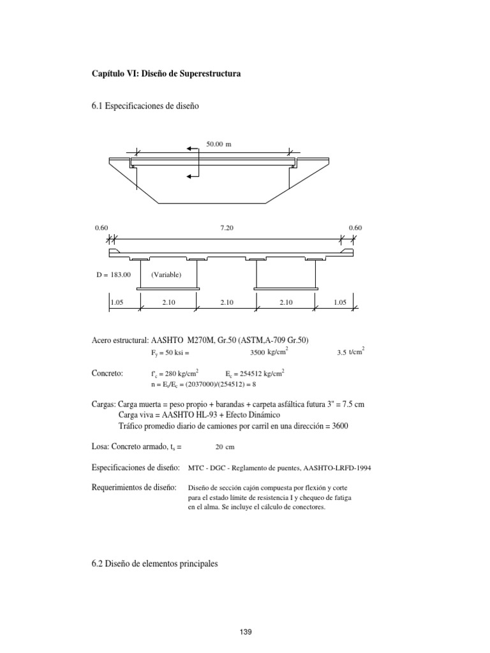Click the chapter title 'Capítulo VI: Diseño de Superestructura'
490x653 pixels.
167,75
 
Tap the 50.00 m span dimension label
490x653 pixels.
218,145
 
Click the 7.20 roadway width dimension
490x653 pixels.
226,227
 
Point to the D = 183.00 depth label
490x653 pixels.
113,275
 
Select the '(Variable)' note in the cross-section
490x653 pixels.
167,275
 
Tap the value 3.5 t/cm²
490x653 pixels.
350,351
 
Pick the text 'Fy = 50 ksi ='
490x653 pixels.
171,352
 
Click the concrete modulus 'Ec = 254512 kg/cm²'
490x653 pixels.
255,374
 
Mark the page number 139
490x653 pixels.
244,632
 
